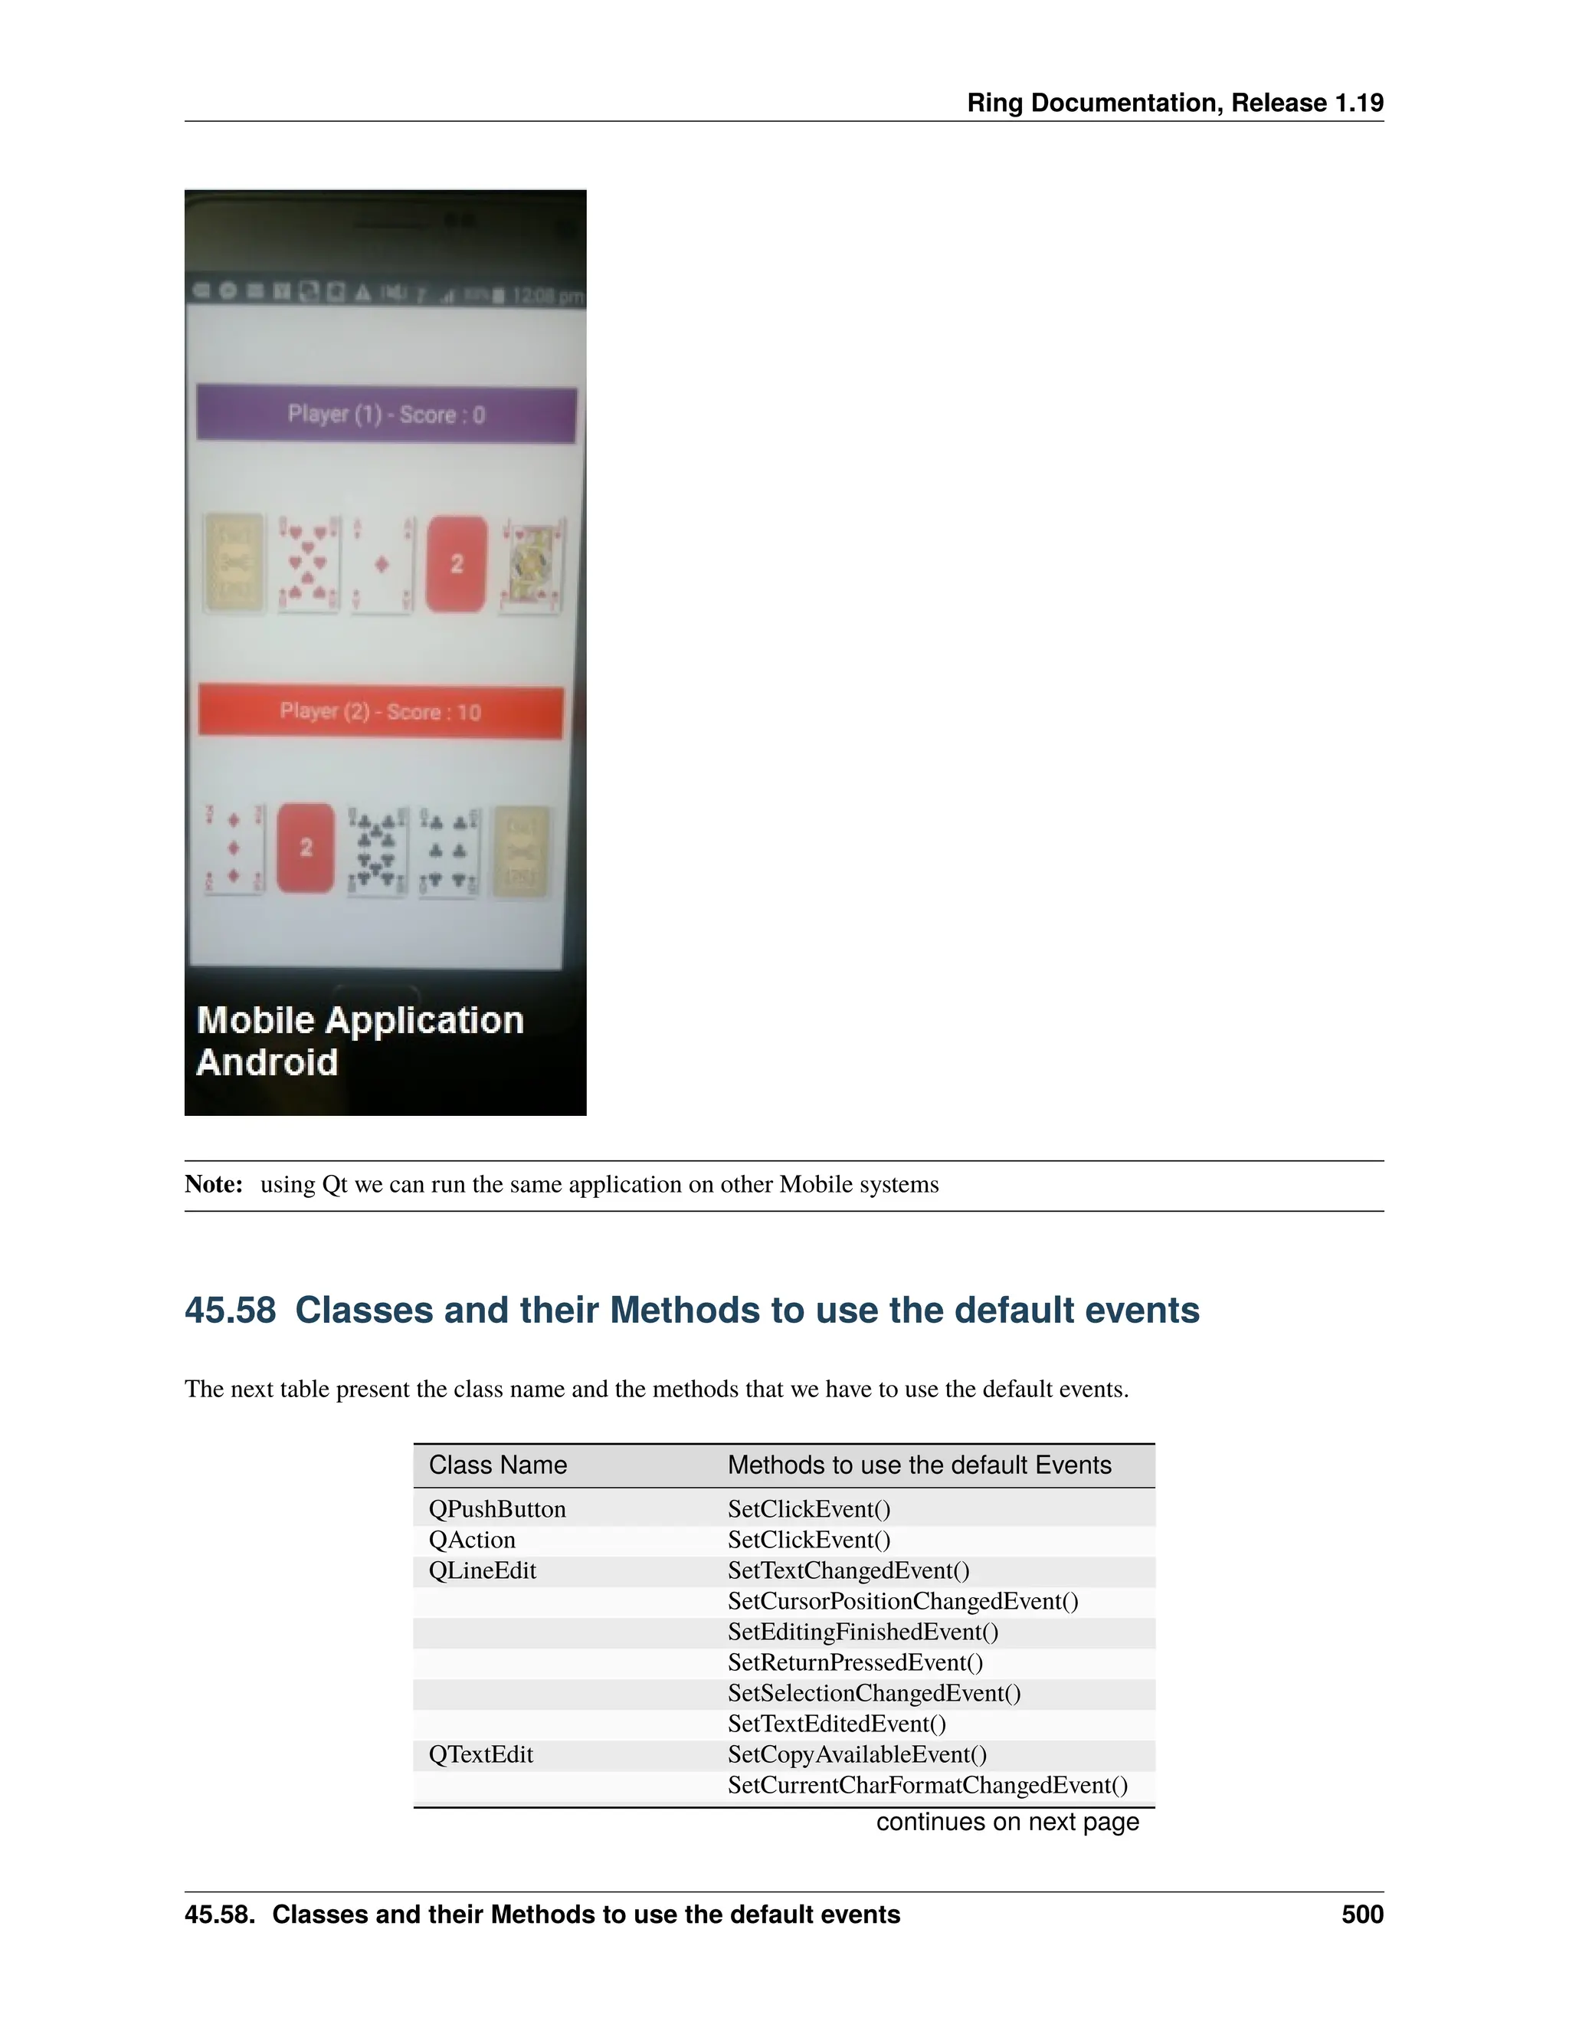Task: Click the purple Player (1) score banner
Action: click(386, 415)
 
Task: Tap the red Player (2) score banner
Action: click(380, 712)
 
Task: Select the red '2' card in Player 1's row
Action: click(457, 563)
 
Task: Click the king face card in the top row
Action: click(532, 566)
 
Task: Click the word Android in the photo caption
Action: click(267, 1062)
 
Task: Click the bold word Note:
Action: click(213, 1185)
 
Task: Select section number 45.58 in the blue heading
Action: click(230, 1311)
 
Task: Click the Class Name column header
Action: click(497, 1465)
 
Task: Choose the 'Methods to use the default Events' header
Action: click(919, 1465)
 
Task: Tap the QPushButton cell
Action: click(496, 1509)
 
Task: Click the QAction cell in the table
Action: click(471, 1540)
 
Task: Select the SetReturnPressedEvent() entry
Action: click(854, 1663)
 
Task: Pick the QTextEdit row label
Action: click(480, 1755)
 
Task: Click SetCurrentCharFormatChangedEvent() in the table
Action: click(927, 1786)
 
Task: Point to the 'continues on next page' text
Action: click(1007, 1822)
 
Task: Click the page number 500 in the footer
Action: click(1361, 1915)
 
